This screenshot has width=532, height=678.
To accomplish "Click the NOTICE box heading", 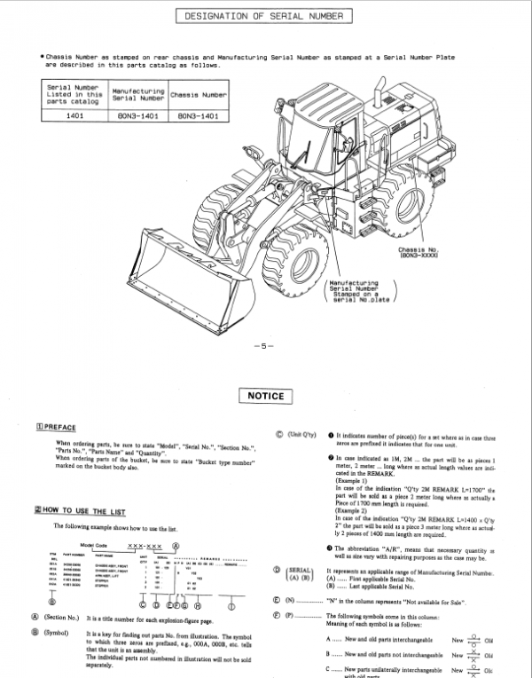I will tap(265, 396).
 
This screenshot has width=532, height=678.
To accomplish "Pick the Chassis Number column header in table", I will tap(198, 93).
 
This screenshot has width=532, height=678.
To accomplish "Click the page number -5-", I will tap(265, 344).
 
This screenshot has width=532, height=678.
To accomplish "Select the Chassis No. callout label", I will tap(425, 253).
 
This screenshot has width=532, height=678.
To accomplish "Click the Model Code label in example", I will tap(92, 546).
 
